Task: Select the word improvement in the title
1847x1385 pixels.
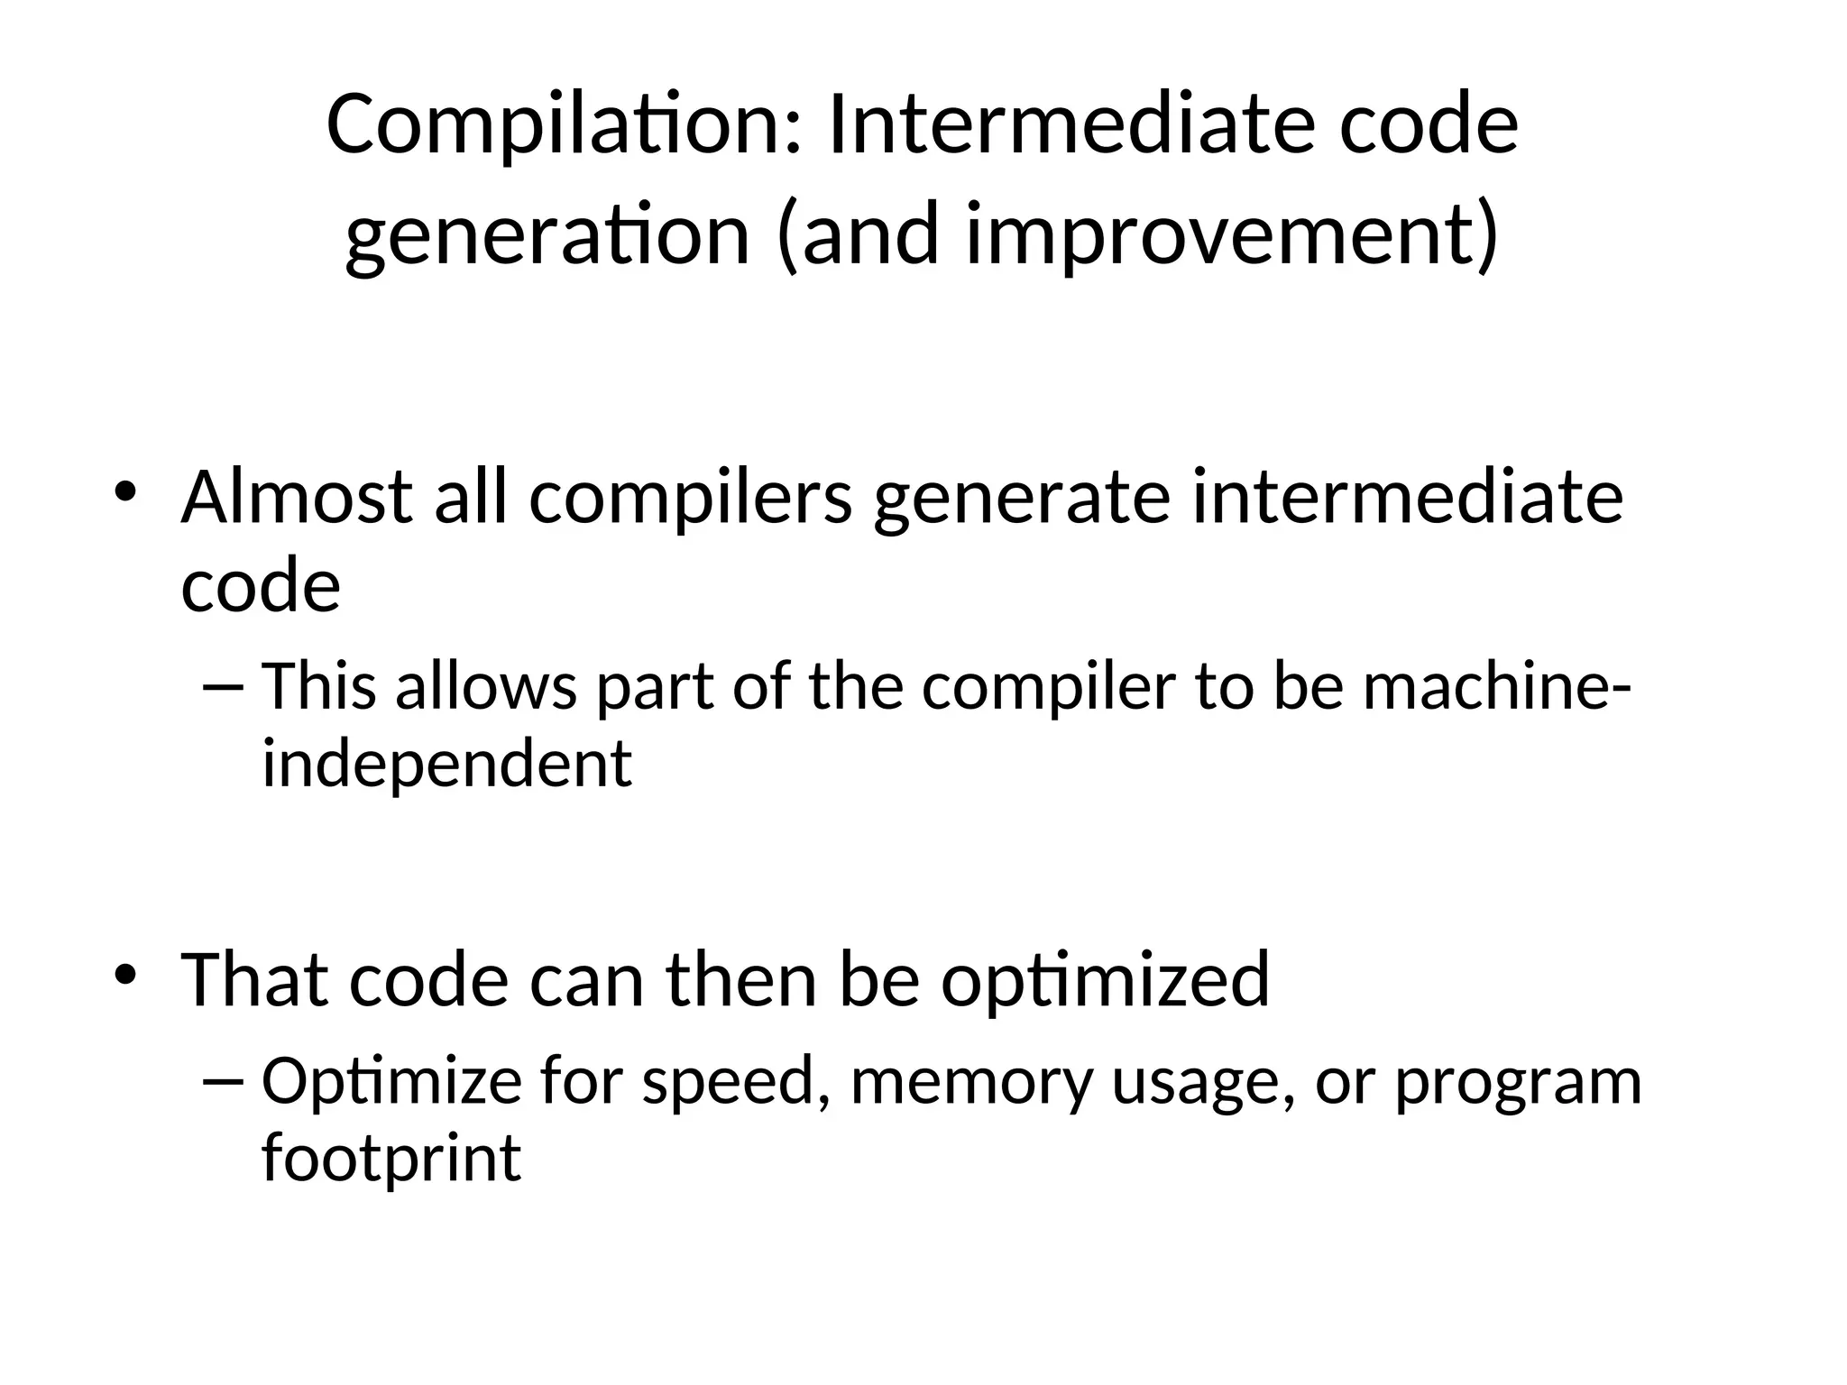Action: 1218,236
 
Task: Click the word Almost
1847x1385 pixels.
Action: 297,497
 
